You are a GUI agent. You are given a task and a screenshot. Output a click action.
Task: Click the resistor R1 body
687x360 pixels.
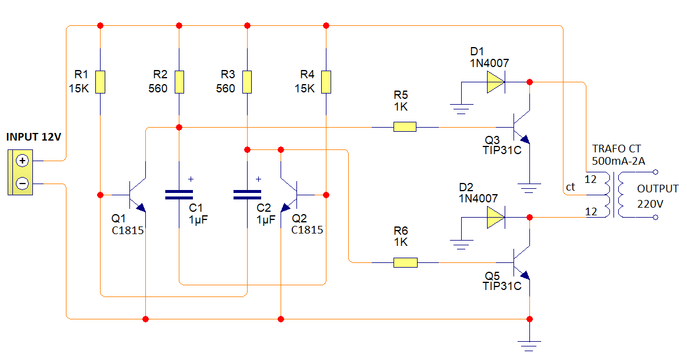(x=101, y=82)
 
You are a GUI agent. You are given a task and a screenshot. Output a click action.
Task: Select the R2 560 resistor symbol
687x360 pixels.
(x=179, y=82)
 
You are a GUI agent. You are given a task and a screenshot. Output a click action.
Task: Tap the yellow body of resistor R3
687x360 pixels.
(x=247, y=82)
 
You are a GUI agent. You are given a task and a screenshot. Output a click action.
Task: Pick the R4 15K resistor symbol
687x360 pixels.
(x=325, y=82)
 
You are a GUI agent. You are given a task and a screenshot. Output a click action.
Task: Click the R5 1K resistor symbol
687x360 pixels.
(x=405, y=126)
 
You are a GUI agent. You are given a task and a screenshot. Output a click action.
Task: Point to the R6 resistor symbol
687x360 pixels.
(x=405, y=262)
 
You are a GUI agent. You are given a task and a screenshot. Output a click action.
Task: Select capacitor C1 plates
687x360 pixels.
(x=179, y=195)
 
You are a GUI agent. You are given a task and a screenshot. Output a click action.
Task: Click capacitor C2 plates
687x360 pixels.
(x=247, y=195)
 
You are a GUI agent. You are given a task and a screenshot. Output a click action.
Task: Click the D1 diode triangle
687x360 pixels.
(x=495, y=82)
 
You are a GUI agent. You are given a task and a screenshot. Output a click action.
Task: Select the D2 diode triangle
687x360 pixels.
(x=495, y=218)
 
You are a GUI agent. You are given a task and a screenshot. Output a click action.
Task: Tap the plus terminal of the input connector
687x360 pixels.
(x=22, y=161)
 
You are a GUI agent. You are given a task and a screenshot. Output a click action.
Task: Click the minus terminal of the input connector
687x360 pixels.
(x=22, y=184)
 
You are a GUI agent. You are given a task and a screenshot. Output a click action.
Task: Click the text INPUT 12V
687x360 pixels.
(x=34, y=137)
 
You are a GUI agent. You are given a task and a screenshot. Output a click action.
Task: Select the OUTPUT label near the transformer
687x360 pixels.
(x=658, y=189)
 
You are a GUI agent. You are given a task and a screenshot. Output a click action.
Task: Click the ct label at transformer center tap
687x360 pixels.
(x=570, y=187)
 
